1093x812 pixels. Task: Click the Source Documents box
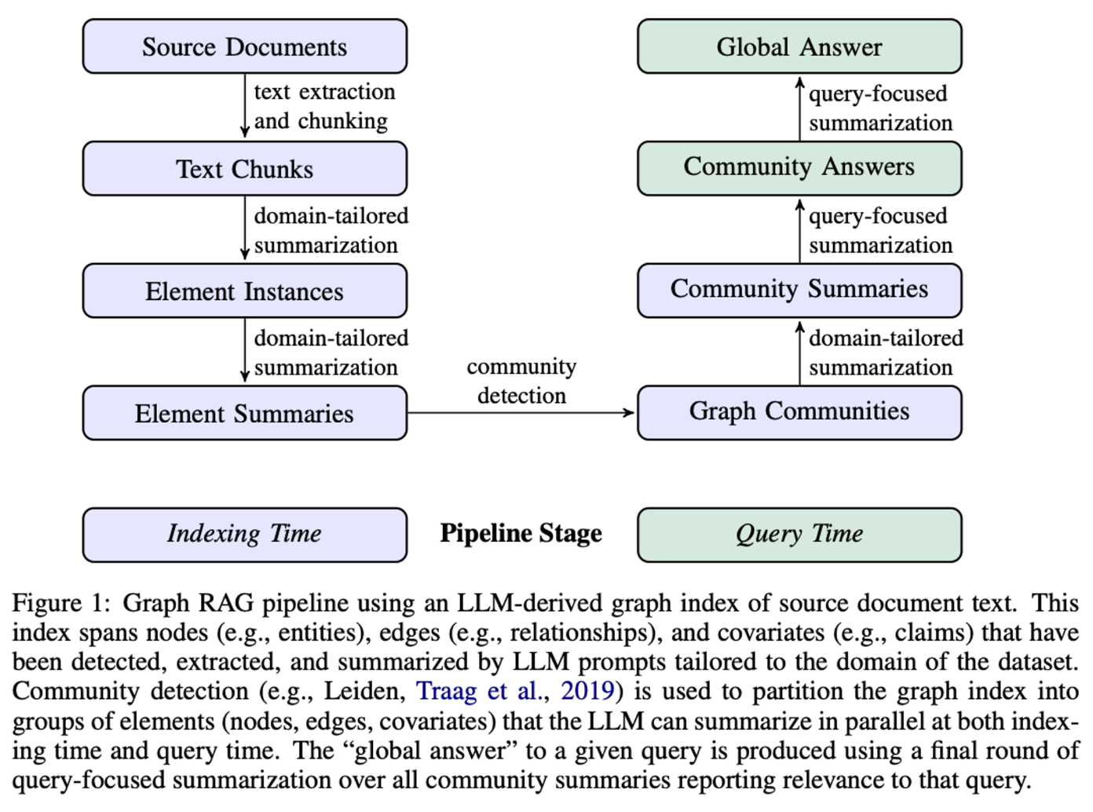point(245,46)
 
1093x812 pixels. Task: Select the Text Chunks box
point(245,169)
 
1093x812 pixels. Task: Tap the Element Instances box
point(245,291)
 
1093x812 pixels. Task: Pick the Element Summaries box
point(245,413)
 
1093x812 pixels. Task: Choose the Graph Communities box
point(799,413)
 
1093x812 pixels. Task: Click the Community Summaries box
point(799,291)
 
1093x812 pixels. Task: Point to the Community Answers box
point(799,169)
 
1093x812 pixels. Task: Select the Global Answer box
point(799,46)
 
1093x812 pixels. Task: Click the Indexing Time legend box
point(245,535)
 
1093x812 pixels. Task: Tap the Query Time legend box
point(799,535)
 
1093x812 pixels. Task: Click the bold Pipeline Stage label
point(521,533)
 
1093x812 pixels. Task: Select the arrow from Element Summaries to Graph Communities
point(521,412)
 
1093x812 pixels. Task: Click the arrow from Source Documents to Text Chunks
point(244,106)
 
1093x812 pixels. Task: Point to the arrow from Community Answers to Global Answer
point(800,108)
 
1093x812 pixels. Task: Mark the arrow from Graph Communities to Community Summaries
point(800,353)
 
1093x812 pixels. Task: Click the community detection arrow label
point(521,381)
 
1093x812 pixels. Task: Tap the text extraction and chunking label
point(325,107)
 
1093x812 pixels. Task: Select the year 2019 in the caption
point(587,691)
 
